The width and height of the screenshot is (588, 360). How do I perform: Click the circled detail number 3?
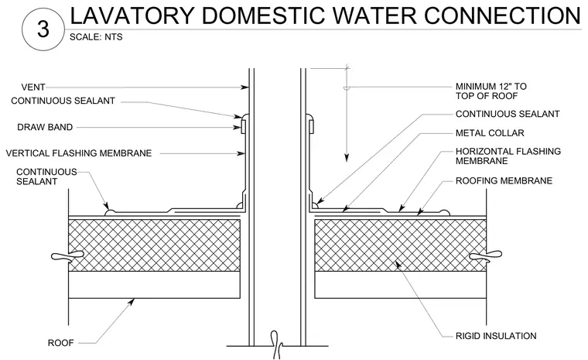pyautogui.click(x=43, y=29)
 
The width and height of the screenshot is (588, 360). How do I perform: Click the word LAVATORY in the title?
pyautogui.click(x=132, y=15)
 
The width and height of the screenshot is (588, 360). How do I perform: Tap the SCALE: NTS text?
pyautogui.click(x=96, y=37)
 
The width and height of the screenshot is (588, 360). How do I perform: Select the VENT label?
pyautogui.click(x=33, y=87)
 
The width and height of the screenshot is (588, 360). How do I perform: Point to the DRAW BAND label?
pyautogui.click(x=45, y=127)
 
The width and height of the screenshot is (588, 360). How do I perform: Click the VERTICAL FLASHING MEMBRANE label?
pyautogui.click(x=79, y=153)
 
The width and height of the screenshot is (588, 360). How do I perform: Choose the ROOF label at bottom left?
pyautogui.click(x=61, y=343)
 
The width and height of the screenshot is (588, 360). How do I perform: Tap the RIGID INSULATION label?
pyautogui.click(x=496, y=335)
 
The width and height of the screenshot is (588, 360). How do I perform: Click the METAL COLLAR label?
pyautogui.click(x=490, y=133)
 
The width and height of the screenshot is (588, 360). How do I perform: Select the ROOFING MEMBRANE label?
pyautogui.click(x=504, y=180)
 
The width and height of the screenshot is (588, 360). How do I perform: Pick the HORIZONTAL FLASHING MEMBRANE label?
pyautogui.click(x=508, y=156)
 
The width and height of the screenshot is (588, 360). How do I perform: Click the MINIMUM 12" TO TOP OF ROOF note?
pyautogui.click(x=491, y=91)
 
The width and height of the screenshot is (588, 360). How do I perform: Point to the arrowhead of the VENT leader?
pyautogui.click(x=244, y=87)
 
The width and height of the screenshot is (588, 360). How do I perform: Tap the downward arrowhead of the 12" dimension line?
pyautogui.click(x=347, y=158)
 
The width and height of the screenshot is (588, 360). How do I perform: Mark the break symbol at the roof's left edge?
pyautogui.click(x=67, y=255)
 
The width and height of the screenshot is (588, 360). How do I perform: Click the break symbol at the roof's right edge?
pyautogui.click(x=486, y=255)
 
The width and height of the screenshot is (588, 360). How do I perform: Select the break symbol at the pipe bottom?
pyautogui.click(x=277, y=345)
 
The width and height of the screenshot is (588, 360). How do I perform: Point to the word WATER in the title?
pyautogui.click(x=374, y=15)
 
